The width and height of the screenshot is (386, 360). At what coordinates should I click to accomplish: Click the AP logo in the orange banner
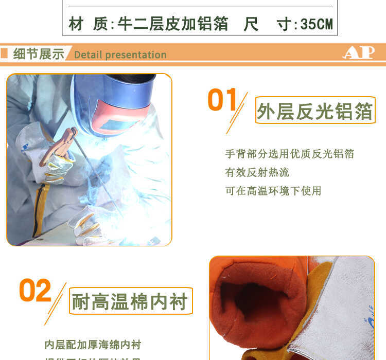coord(358,53)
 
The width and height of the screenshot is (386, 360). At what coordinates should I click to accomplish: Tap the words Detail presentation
coord(120,55)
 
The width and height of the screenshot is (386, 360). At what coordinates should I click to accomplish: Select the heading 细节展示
coord(39,53)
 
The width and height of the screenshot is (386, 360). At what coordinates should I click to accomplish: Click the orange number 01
coord(222,100)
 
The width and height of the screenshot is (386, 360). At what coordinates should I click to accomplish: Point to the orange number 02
coord(35,291)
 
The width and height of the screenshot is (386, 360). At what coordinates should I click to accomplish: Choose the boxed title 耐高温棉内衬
coord(131,301)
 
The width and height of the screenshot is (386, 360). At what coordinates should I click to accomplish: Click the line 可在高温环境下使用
coord(273,191)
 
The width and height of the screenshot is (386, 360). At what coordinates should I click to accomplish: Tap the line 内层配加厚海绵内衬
coord(93,345)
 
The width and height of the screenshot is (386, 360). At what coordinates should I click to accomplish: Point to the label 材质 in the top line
coord(87,24)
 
